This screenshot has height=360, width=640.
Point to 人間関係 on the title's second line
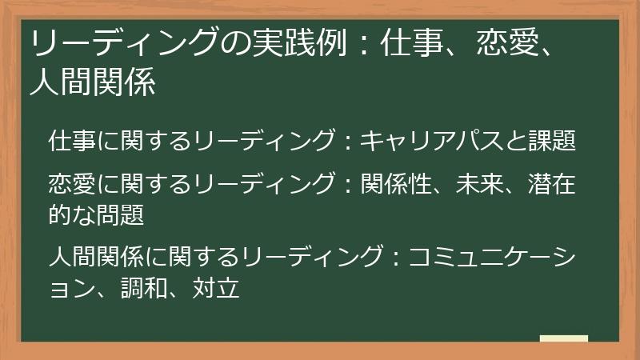point(92,82)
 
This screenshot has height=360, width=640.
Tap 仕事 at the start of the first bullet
point(72,142)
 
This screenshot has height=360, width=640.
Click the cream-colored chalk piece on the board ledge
point(563,338)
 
